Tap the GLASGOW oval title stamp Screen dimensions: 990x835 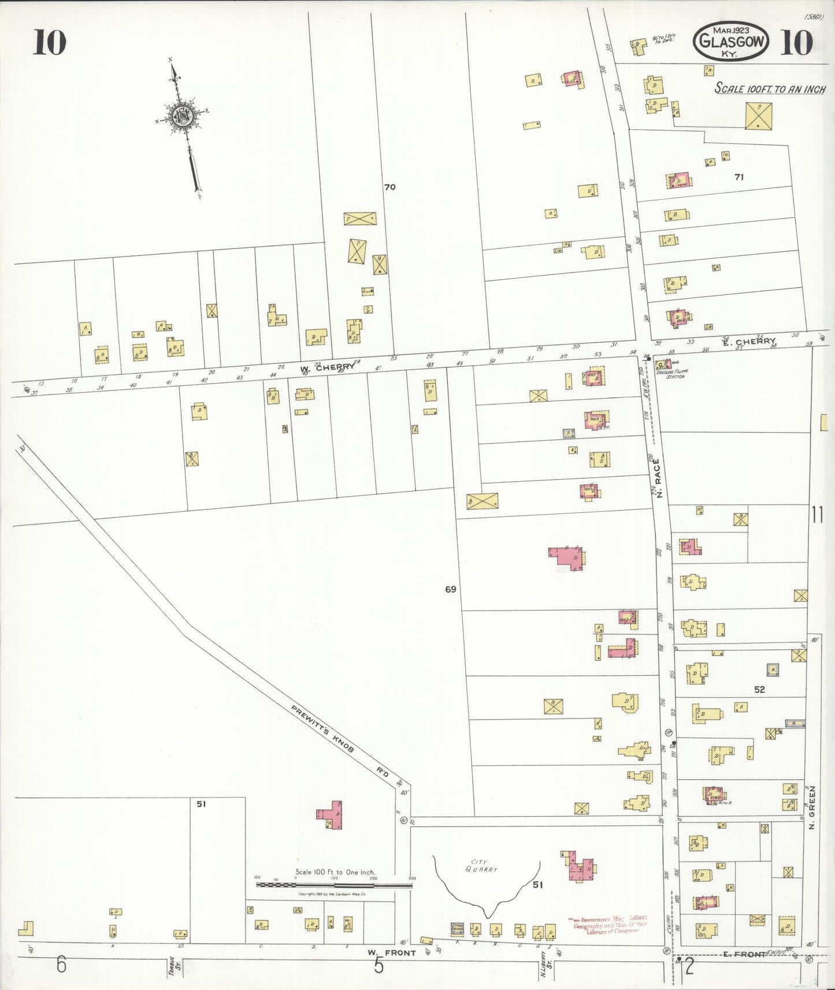tap(732, 42)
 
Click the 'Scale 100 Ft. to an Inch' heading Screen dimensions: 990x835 tap(770, 89)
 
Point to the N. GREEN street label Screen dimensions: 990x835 tap(811, 807)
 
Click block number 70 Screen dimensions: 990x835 tap(390, 187)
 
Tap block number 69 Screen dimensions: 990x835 tap(451, 589)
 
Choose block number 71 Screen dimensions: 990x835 tap(738, 177)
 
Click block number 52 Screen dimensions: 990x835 tap(759, 690)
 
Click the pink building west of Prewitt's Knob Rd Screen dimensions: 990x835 tap(331, 815)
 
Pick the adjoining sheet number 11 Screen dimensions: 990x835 tap(817, 514)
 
